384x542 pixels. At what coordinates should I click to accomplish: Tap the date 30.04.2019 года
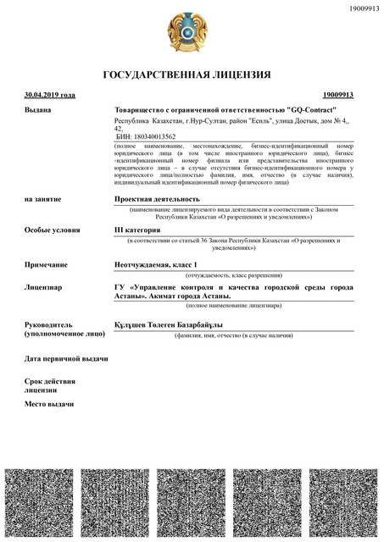click(50, 95)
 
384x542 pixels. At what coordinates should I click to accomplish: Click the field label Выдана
click(38, 110)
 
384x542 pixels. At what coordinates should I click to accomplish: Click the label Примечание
click(46, 265)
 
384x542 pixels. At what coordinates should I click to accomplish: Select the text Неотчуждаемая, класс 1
click(161, 265)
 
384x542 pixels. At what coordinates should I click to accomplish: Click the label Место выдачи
click(49, 403)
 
